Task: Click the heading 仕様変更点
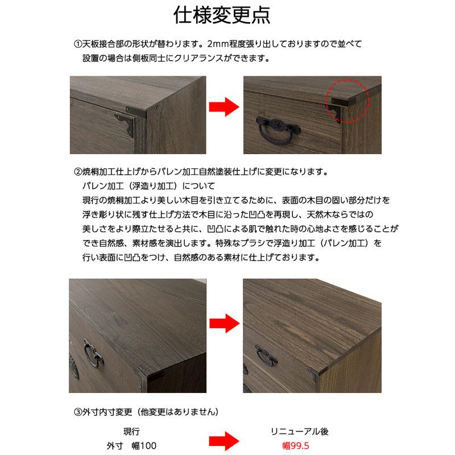[227, 15]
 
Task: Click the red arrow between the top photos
[222, 107]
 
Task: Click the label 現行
[131, 431]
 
